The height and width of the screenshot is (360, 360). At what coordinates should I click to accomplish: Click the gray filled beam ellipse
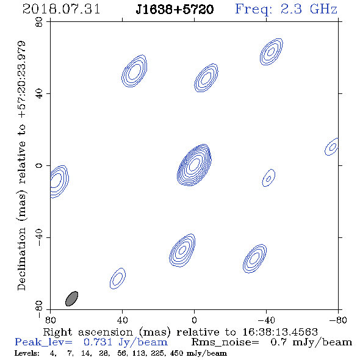[x=71, y=299]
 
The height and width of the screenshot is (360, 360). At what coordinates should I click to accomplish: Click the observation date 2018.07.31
[x=61, y=9]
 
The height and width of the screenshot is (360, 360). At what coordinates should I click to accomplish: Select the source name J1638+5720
[x=175, y=9]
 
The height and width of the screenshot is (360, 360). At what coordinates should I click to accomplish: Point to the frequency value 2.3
[x=291, y=9]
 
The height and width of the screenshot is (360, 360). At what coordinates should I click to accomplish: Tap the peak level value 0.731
[x=98, y=342]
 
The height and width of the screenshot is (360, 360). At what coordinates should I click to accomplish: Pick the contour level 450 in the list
[x=176, y=353]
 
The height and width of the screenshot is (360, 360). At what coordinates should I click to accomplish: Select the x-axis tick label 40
[x=122, y=320]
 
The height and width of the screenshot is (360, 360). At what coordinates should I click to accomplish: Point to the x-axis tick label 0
[x=194, y=320]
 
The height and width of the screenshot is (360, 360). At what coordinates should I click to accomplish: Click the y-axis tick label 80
[x=39, y=22]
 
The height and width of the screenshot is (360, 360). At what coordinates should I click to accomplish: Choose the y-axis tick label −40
[x=39, y=237]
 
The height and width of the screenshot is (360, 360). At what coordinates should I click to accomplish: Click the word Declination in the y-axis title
[x=21, y=259]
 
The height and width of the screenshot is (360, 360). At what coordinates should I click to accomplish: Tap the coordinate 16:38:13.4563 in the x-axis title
[x=280, y=332]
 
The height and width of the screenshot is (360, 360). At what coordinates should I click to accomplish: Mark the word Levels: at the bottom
[x=27, y=353]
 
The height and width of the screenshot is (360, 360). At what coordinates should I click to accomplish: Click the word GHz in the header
[x=323, y=9]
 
